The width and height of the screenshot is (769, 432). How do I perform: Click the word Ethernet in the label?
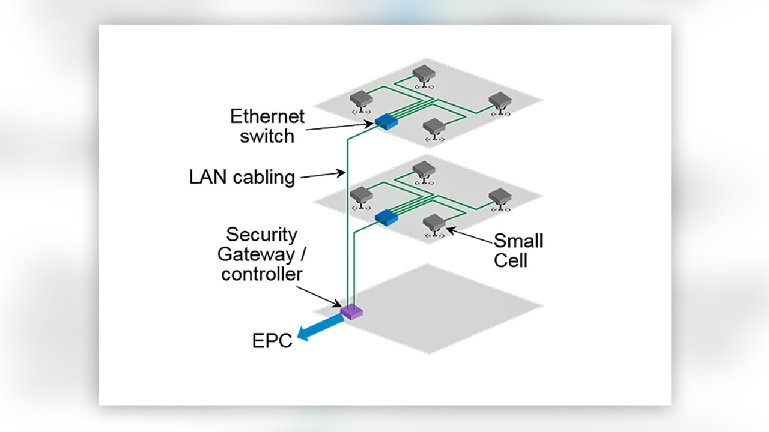(268, 116)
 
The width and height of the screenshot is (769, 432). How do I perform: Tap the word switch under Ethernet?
(267, 136)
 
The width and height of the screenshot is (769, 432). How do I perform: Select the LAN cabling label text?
(242, 177)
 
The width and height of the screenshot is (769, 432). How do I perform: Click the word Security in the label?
(262, 235)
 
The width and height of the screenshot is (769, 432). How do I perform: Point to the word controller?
(262, 274)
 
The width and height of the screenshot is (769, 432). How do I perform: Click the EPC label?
(272, 340)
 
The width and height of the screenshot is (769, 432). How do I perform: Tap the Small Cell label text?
(518, 250)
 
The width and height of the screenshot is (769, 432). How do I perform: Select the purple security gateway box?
(352, 311)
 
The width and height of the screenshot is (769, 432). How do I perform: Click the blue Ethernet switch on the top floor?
(386, 122)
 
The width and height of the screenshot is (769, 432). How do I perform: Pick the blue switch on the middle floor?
(386, 217)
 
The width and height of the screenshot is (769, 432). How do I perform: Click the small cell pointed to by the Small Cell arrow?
(434, 224)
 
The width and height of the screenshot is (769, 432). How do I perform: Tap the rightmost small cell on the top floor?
(499, 101)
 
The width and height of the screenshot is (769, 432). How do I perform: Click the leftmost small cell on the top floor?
(361, 99)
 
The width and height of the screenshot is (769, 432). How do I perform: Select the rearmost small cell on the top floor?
(424, 74)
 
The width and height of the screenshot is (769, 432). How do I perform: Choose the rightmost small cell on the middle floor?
(499, 197)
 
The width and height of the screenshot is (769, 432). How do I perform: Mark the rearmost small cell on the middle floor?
(424, 170)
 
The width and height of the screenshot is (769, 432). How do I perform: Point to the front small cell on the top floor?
(434, 128)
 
